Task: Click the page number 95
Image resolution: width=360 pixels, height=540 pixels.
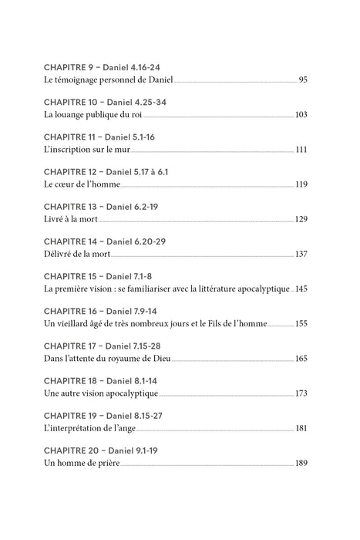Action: [x=303, y=80]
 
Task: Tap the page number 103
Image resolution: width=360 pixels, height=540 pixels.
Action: [x=301, y=115]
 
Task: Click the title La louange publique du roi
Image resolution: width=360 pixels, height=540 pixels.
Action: [x=91, y=115]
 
